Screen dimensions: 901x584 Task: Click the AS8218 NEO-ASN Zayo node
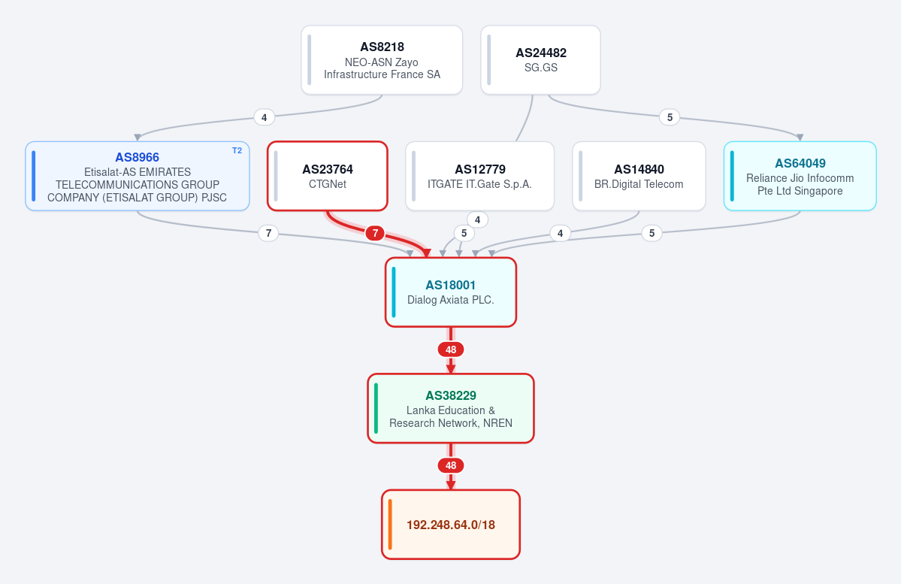[382, 60]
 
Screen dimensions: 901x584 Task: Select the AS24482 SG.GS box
[541, 60]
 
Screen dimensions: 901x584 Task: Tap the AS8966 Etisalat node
[138, 176]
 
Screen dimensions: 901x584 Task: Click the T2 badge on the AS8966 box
[237, 150]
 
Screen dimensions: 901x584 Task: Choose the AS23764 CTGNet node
[328, 176]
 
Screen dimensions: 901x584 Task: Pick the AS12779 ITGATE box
[479, 176]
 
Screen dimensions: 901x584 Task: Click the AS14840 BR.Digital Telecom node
[639, 176]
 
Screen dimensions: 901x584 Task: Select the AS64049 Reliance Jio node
[800, 176]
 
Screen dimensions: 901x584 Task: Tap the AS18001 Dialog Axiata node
[451, 292]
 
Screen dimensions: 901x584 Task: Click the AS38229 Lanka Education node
[451, 408]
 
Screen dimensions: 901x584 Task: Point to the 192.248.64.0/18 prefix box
[451, 524]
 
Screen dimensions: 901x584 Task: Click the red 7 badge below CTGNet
[375, 233]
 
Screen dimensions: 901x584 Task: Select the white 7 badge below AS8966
[268, 233]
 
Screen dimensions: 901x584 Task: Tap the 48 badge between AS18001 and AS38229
[451, 349]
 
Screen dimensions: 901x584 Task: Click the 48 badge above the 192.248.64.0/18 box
[451, 465]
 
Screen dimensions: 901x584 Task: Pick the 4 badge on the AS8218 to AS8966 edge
[264, 117]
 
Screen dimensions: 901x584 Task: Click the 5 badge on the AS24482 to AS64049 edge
[670, 117]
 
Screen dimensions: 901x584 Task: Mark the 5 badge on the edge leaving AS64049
[652, 233]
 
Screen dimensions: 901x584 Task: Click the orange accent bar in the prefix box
[390, 524]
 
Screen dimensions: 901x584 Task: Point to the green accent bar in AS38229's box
[376, 408]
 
